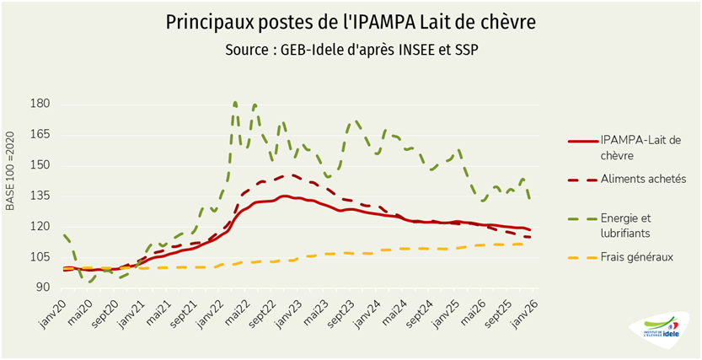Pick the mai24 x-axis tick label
[x=399, y=313]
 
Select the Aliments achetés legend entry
[x=643, y=179]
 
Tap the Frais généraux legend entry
[x=636, y=256]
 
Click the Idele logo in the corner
[x=660, y=330]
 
